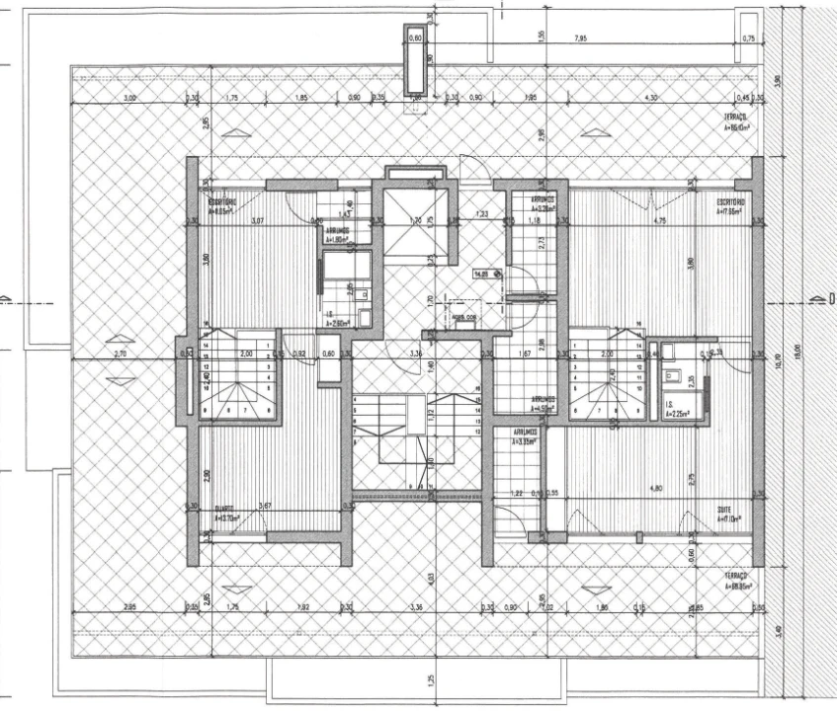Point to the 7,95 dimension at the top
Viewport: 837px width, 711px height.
(x=580, y=39)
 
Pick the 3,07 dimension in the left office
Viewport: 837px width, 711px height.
(x=257, y=220)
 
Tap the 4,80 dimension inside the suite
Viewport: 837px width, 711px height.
(x=627, y=488)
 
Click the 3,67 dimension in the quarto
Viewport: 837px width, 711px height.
(x=264, y=507)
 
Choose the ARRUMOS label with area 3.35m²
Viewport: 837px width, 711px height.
(x=524, y=436)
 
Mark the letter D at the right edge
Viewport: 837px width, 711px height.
(x=831, y=297)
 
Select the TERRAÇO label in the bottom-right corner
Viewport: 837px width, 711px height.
(x=735, y=581)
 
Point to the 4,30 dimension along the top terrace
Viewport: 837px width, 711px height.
(x=650, y=98)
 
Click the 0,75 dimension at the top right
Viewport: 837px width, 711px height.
(x=748, y=39)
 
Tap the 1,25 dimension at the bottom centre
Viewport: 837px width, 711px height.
(x=431, y=680)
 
